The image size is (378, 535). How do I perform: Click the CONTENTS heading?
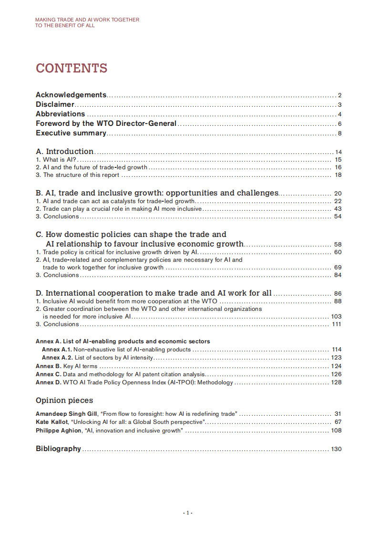[72, 68]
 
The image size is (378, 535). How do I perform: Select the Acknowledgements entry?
[71, 95]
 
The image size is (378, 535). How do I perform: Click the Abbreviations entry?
[61, 114]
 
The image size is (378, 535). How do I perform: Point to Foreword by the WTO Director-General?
[106, 123]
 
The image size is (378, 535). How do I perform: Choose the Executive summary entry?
[71, 133]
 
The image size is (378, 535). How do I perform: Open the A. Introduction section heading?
[65, 152]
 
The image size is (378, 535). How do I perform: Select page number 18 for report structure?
[338, 175]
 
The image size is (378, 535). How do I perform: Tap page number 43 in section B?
[338, 209]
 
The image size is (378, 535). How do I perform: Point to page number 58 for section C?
[338, 245]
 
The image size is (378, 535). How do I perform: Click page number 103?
[337, 317]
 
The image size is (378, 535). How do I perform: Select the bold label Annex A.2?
[58, 358]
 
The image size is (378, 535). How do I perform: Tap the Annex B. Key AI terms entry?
[67, 366]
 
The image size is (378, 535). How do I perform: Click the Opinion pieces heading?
[64, 401]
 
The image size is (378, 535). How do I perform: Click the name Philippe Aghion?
[58, 431]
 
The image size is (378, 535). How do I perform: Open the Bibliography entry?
[58, 449]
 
